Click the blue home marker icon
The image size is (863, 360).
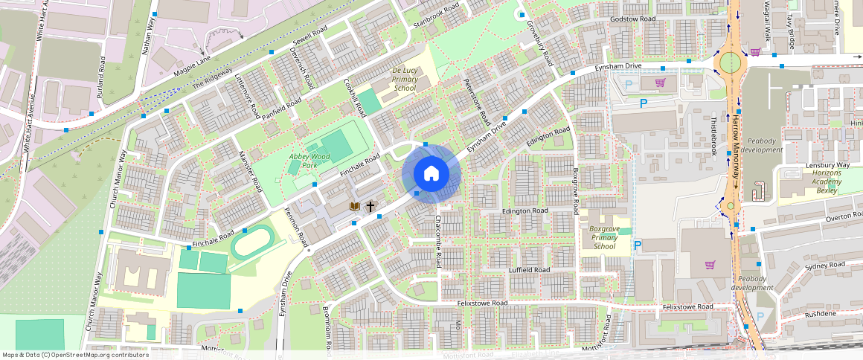431,173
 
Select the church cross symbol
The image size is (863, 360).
370,206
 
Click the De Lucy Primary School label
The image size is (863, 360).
404,79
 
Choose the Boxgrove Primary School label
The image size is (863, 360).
605,237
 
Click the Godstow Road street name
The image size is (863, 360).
632,19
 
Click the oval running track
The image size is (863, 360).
251,243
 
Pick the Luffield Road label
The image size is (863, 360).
529,270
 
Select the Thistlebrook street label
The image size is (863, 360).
714,135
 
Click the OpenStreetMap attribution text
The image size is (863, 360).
75,355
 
